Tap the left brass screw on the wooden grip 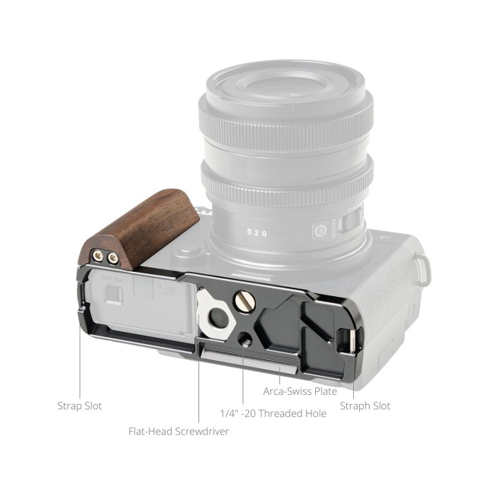98,255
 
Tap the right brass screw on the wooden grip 113,258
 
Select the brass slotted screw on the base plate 244,300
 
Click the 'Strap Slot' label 80,406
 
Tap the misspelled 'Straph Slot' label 365,406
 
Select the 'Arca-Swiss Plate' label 300,391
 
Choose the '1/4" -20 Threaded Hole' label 273,413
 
